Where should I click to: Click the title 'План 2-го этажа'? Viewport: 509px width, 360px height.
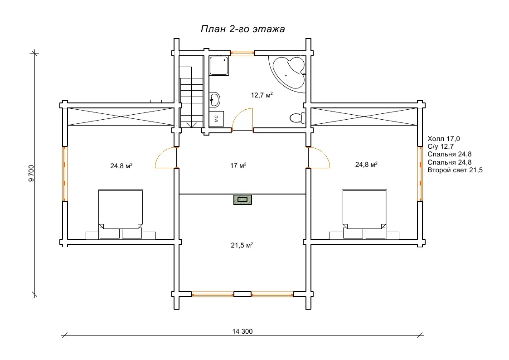pyautogui.click(x=242, y=29)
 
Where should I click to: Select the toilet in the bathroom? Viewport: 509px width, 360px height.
pyautogui.click(x=297, y=117)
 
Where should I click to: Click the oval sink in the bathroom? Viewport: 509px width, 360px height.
pyautogui.click(x=214, y=99)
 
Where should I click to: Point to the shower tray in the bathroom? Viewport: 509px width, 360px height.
pyautogui.click(x=219, y=66)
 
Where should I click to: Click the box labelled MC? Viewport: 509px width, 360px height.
pyautogui.click(x=216, y=119)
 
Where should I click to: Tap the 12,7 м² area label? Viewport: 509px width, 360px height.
pyautogui.click(x=262, y=95)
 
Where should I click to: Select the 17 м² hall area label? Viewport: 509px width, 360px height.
pyautogui.click(x=238, y=165)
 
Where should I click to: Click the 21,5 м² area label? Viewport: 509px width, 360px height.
pyautogui.click(x=242, y=245)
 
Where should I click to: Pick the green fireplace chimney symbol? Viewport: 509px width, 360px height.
pyautogui.click(x=242, y=199)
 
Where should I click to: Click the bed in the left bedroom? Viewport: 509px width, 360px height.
pyautogui.click(x=121, y=214)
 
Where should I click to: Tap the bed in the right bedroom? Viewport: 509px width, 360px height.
pyautogui.click(x=364, y=214)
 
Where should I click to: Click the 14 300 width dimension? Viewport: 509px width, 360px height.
pyautogui.click(x=242, y=331)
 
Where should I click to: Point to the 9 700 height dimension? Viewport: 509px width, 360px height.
pyautogui.click(x=31, y=173)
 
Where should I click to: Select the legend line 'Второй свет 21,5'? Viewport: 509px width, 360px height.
pyautogui.click(x=455, y=170)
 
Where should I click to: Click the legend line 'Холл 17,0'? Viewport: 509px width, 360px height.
pyautogui.click(x=443, y=139)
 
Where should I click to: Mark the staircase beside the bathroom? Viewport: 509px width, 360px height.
pyautogui.click(x=192, y=97)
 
